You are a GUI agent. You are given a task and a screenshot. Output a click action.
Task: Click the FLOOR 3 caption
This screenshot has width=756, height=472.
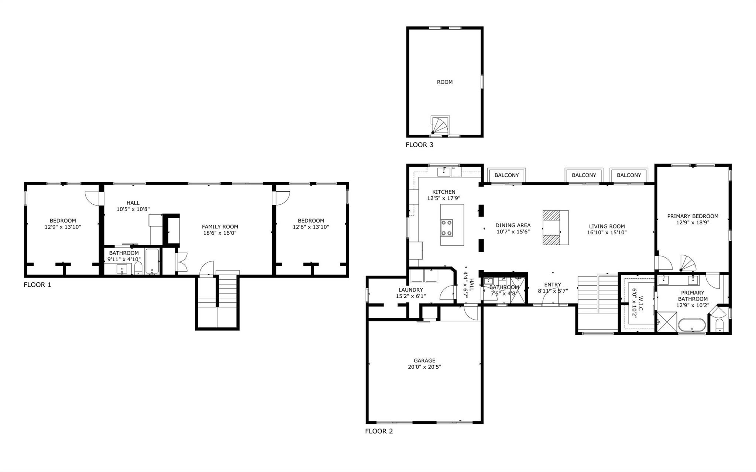[419, 145]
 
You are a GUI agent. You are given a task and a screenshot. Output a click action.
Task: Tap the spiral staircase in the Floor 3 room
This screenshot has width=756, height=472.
[440, 125]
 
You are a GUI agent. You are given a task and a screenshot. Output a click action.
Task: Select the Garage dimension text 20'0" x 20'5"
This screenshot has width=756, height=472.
[424, 367]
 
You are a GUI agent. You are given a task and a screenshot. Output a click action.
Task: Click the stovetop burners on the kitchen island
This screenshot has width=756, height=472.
[447, 228]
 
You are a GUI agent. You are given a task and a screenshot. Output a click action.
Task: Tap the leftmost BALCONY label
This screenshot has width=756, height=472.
[506, 175]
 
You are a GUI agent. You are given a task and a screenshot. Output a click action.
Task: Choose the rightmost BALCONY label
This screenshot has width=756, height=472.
[629, 175]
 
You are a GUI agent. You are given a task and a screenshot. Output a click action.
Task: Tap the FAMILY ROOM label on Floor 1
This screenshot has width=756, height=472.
[220, 227]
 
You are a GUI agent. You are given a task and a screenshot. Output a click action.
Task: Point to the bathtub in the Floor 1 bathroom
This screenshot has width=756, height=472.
[152, 261]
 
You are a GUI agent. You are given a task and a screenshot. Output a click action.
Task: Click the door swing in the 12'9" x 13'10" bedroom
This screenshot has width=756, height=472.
[92, 198]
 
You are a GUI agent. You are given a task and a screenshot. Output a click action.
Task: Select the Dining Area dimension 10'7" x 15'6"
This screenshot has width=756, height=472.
[513, 232]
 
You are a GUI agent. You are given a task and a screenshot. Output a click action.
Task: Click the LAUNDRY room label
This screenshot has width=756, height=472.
[410, 290]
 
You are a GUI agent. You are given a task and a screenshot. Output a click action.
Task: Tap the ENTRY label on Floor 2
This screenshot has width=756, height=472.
[552, 285]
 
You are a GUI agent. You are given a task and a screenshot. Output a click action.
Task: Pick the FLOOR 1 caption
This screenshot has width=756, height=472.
[37, 285]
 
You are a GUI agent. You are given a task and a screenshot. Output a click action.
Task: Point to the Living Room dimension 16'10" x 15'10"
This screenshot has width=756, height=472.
[606, 232]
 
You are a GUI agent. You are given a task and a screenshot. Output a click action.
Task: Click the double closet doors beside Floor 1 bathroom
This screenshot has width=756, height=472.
[182, 262]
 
